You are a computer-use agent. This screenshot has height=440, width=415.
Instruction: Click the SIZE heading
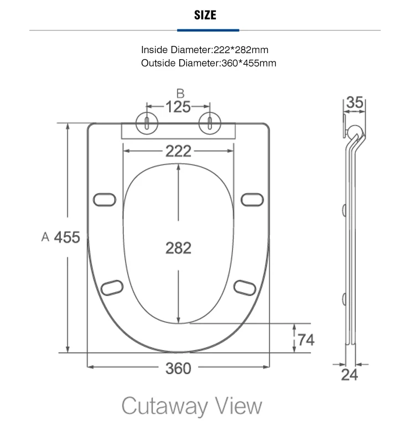click(x=205, y=15)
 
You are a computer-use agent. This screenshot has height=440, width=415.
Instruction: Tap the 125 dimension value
click(x=178, y=107)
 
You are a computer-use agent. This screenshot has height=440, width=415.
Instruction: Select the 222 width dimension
click(x=179, y=151)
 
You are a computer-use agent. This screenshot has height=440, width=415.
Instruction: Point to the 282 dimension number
click(x=179, y=248)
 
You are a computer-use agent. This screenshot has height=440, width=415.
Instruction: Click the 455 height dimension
click(x=67, y=237)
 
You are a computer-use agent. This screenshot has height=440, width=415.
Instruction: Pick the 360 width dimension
click(x=178, y=368)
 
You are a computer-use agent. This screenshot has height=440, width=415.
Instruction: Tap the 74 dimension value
click(x=306, y=340)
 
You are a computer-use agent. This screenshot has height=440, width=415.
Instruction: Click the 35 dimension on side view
click(x=355, y=102)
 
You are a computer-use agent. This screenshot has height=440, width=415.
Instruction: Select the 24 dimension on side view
click(x=349, y=375)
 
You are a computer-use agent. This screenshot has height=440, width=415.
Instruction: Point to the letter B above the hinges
click(x=180, y=94)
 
